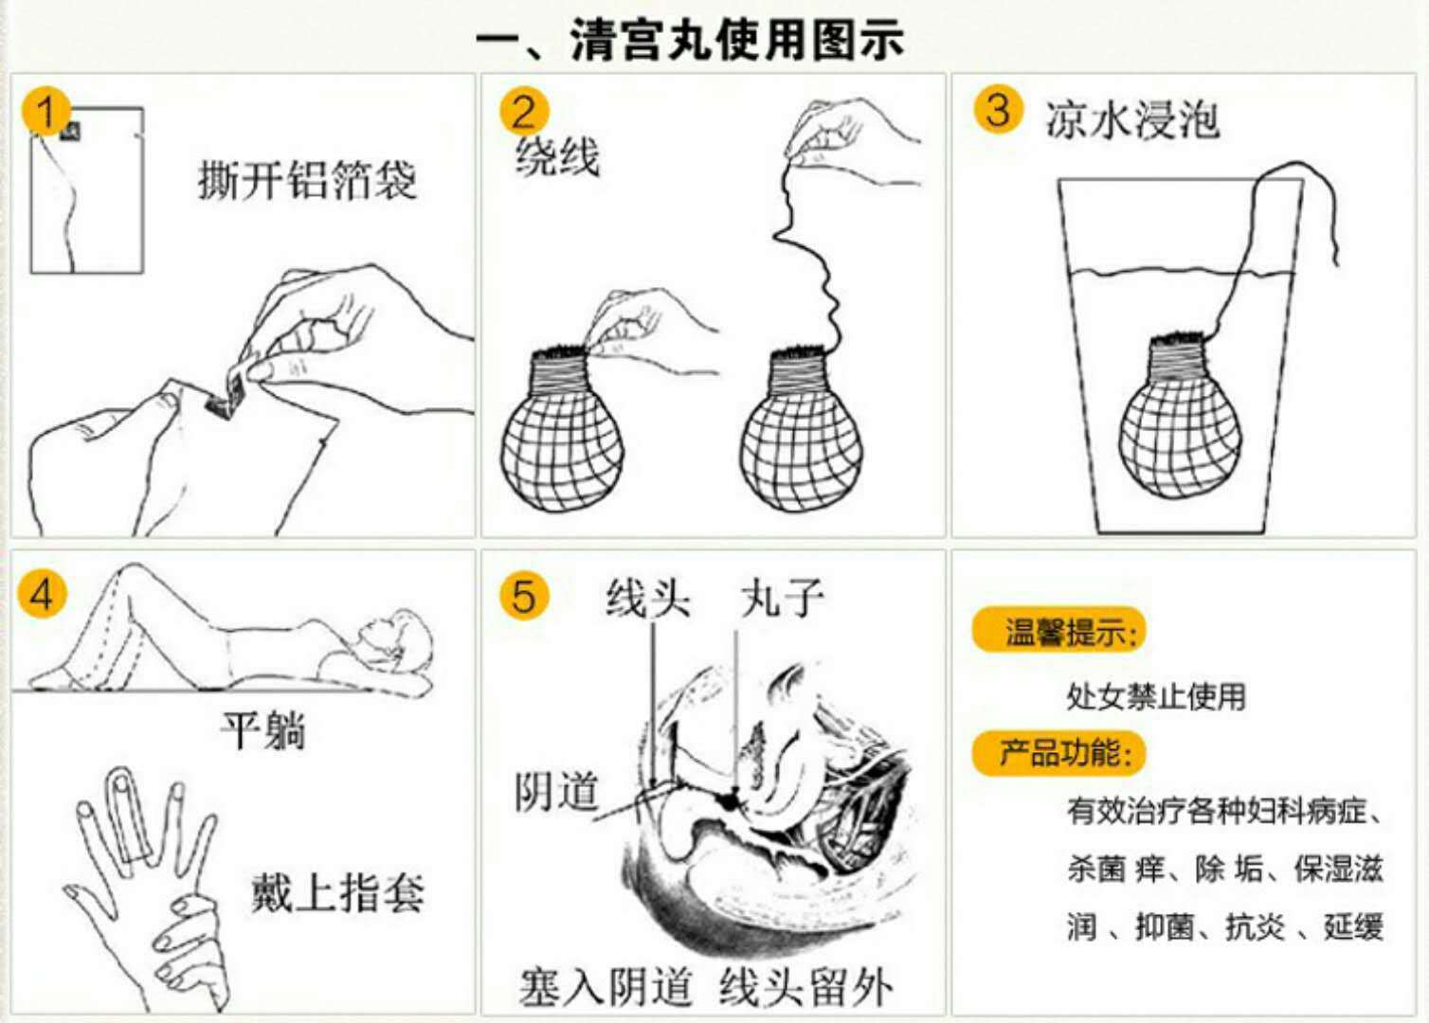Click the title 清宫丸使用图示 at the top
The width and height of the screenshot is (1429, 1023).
[x=689, y=40]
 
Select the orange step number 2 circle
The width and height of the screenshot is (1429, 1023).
[x=524, y=112]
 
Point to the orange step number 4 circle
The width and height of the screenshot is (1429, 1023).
[x=42, y=594]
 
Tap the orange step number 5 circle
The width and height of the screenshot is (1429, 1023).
[x=524, y=596]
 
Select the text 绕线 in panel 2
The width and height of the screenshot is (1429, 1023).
[x=557, y=156]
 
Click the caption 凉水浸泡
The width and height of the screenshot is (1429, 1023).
[x=1132, y=120]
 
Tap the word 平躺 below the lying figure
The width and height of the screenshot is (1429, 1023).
[x=262, y=730]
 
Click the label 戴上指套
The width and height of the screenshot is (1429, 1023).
[x=337, y=892]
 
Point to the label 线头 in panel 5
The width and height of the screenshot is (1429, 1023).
[x=648, y=598]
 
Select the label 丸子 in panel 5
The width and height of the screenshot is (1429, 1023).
[x=782, y=598]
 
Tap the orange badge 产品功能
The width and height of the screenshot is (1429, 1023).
[x=1059, y=753]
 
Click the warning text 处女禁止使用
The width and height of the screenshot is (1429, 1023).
[x=1155, y=696]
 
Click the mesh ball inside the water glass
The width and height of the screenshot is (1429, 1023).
[x=1179, y=431]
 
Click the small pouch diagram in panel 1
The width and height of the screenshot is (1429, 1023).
[x=87, y=190]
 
